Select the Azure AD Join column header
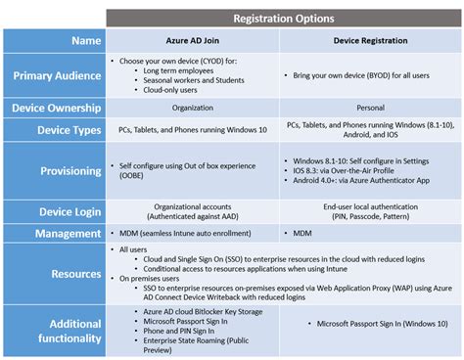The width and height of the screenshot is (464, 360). point(192,42)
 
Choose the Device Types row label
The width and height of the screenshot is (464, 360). point(64,128)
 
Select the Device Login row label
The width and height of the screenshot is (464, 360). point(64,209)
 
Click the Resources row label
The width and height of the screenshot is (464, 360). point(68,276)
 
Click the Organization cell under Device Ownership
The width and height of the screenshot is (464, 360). point(192,107)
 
